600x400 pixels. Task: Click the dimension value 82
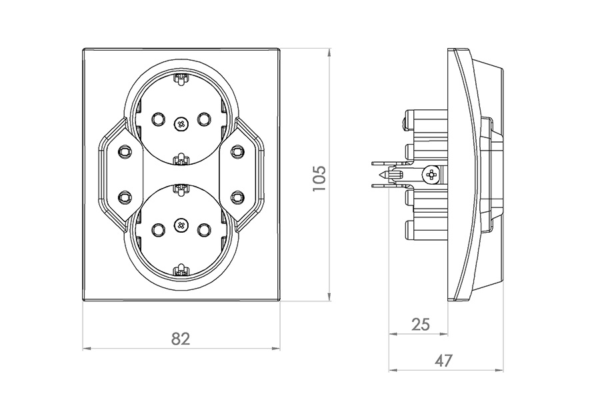[x=181, y=339]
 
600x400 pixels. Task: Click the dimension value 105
[x=319, y=179]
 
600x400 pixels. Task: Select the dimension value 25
[x=421, y=324]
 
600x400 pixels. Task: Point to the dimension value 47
[x=443, y=360]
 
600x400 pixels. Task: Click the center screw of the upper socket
[x=180, y=123]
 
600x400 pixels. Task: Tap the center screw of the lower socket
[x=180, y=225]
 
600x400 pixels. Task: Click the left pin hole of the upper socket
[x=157, y=119]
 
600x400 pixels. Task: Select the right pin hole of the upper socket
[x=203, y=119]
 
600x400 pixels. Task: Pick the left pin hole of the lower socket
[x=157, y=229]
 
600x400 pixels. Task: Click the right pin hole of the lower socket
[x=203, y=229]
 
